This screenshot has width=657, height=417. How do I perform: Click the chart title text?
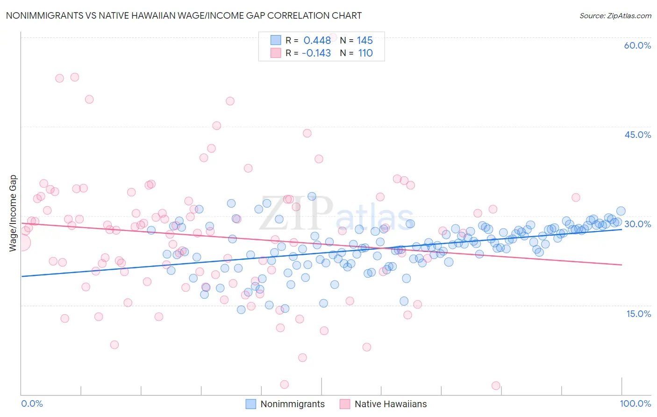(183, 15)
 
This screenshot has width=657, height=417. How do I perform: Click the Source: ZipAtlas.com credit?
(615, 16)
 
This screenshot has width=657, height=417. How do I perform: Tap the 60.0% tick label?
(637, 45)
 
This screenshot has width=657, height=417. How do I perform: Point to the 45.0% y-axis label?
(637, 135)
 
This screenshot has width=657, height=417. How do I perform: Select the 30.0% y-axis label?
(637, 224)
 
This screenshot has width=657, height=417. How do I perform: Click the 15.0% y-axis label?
(638, 313)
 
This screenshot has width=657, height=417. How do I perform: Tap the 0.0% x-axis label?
(32, 403)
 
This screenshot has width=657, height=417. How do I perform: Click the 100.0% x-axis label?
(635, 403)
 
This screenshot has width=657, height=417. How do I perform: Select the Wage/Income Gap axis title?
(13, 213)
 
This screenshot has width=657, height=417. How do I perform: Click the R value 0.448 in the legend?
(317, 40)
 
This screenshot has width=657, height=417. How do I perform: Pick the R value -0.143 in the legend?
(316, 53)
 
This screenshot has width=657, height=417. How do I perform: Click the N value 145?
(365, 40)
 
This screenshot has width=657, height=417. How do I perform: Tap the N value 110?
(365, 53)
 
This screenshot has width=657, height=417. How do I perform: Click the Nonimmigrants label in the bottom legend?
(293, 404)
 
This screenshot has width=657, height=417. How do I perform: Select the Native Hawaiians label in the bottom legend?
(391, 404)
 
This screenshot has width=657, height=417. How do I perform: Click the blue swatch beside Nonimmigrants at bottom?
(251, 404)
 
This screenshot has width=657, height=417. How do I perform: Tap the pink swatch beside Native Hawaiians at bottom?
(345, 404)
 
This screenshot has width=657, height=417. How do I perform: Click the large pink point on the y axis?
(21, 243)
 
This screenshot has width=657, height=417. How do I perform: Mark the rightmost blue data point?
(621, 211)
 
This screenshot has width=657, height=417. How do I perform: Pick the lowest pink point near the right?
(496, 386)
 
